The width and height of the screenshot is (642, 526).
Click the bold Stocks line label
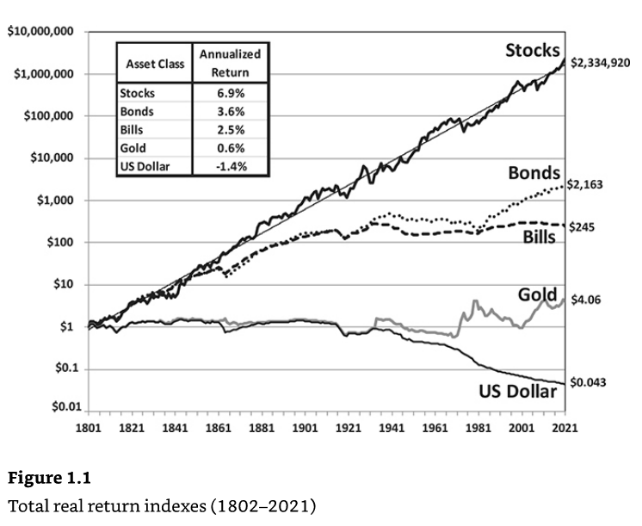coord(533,49)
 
